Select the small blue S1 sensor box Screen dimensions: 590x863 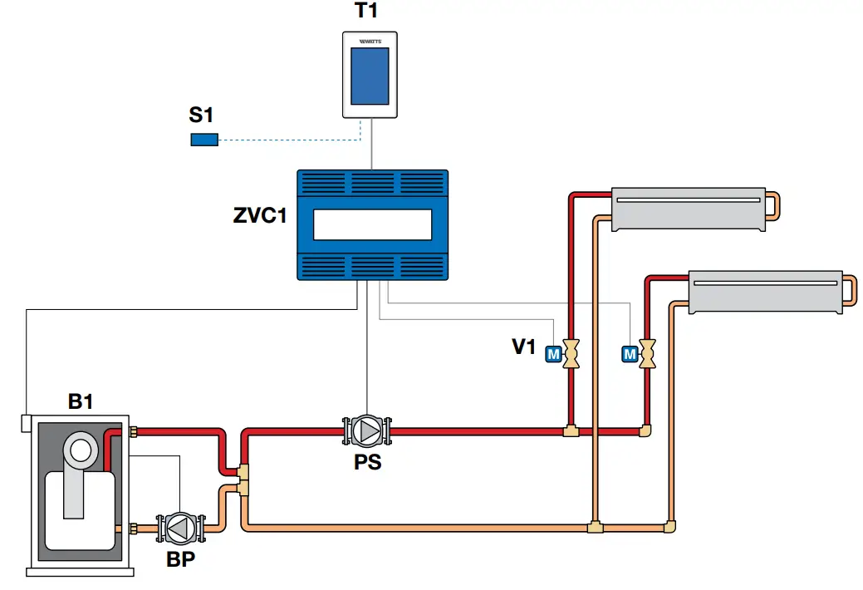click(x=204, y=140)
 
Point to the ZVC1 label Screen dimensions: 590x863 click(x=259, y=217)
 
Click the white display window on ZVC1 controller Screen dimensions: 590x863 click(x=372, y=224)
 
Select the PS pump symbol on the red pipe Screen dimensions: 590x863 click(x=366, y=430)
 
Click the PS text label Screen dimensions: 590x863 click(x=367, y=462)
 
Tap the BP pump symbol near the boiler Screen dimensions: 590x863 click(x=179, y=528)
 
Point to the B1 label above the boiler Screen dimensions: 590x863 click(x=81, y=402)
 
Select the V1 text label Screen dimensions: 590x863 click(x=523, y=347)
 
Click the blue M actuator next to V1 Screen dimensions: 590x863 click(x=553, y=355)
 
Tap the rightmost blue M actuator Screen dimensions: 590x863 click(x=629, y=355)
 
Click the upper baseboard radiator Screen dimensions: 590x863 click(x=687, y=209)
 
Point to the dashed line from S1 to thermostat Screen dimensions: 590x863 click(x=282, y=140)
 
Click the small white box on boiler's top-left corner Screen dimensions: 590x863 click(x=27, y=423)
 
